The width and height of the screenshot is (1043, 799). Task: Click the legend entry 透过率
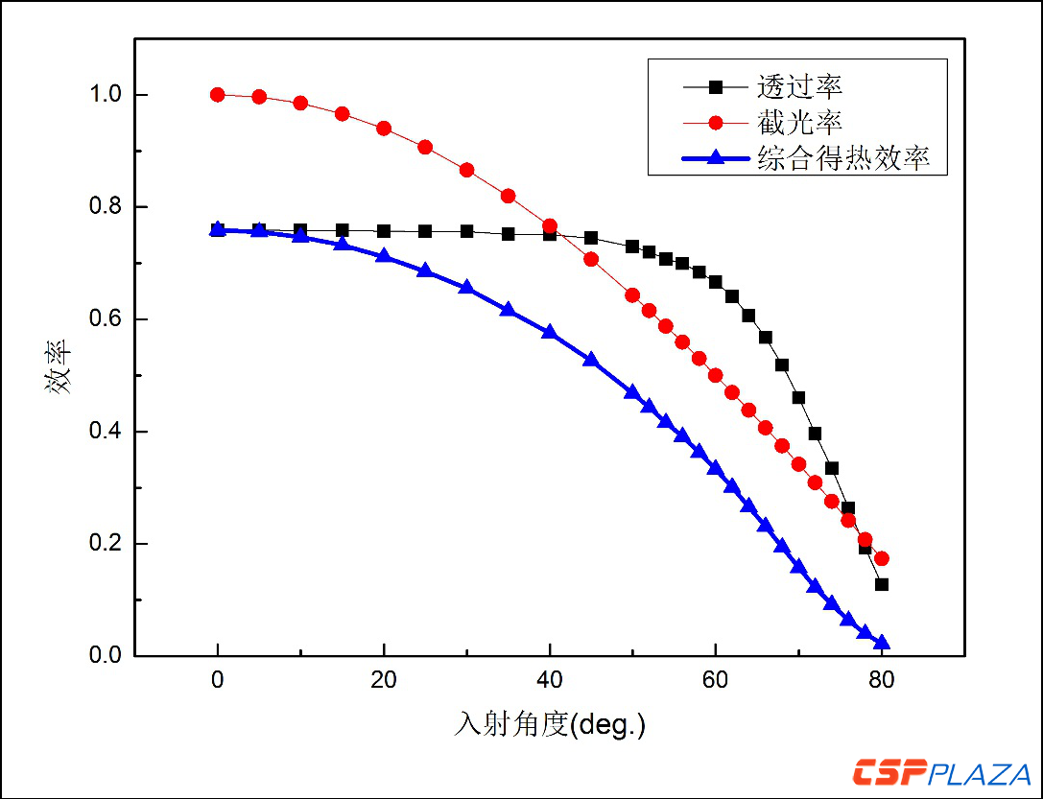click(799, 86)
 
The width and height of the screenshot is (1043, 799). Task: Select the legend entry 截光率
click(799, 123)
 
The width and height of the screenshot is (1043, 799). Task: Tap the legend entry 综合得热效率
click(842, 158)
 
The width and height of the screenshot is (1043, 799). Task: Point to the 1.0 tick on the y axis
click(107, 95)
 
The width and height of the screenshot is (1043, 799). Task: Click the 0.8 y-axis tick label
click(107, 207)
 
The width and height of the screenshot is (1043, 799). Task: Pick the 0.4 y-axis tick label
click(107, 432)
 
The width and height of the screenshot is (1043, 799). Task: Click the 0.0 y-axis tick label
click(107, 656)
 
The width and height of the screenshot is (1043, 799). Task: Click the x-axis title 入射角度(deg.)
click(550, 724)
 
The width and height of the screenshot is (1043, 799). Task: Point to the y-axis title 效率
click(56, 375)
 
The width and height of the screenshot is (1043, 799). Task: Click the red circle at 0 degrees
click(218, 95)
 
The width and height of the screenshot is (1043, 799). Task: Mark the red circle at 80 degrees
click(882, 558)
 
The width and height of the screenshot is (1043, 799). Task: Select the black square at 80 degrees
click(882, 584)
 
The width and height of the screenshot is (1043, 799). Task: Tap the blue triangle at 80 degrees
click(882, 643)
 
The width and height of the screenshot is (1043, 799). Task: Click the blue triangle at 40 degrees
click(550, 332)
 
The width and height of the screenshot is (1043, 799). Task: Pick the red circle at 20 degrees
click(384, 129)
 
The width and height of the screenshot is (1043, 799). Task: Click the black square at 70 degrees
click(798, 397)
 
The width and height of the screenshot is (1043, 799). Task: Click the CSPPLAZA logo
click(941, 772)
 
